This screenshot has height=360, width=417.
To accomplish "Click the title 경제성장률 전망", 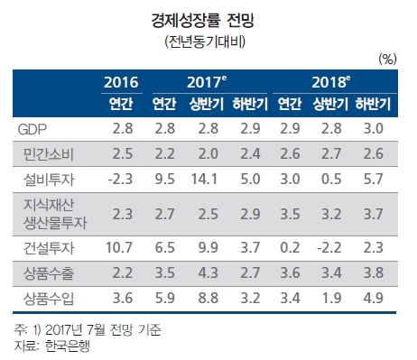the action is (202, 21).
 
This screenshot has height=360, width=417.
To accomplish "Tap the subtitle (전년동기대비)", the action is (205, 42).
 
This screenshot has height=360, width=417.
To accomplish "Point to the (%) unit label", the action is (387, 60).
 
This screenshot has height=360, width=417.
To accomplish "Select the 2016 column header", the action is (121, 82).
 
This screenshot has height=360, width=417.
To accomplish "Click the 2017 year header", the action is (207, 82).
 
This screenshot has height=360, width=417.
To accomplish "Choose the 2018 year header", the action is (331, 82).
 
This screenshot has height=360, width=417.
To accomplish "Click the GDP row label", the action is (32, 129).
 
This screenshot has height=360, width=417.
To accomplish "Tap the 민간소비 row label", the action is (49, 154).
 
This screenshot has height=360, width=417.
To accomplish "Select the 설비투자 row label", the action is (49, 180).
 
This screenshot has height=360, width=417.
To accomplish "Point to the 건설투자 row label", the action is (49, 248).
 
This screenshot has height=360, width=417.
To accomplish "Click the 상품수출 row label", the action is (49, 273).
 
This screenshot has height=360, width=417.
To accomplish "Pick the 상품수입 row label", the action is (49, 299).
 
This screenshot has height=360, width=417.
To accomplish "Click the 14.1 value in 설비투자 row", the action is (204, 179).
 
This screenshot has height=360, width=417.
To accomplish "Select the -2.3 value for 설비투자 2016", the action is (120, 179).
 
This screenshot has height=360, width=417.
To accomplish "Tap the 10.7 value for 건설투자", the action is (119, 247).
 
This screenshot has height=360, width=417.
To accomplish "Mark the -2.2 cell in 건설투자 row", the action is (329, 247).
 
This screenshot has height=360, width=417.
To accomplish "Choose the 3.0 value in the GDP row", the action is (374, 128).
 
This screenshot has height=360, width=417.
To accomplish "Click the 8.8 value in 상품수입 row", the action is (208, 298).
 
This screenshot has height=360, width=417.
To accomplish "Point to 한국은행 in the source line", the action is (68, 346).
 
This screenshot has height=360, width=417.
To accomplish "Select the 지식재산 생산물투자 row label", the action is (55, 214).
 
